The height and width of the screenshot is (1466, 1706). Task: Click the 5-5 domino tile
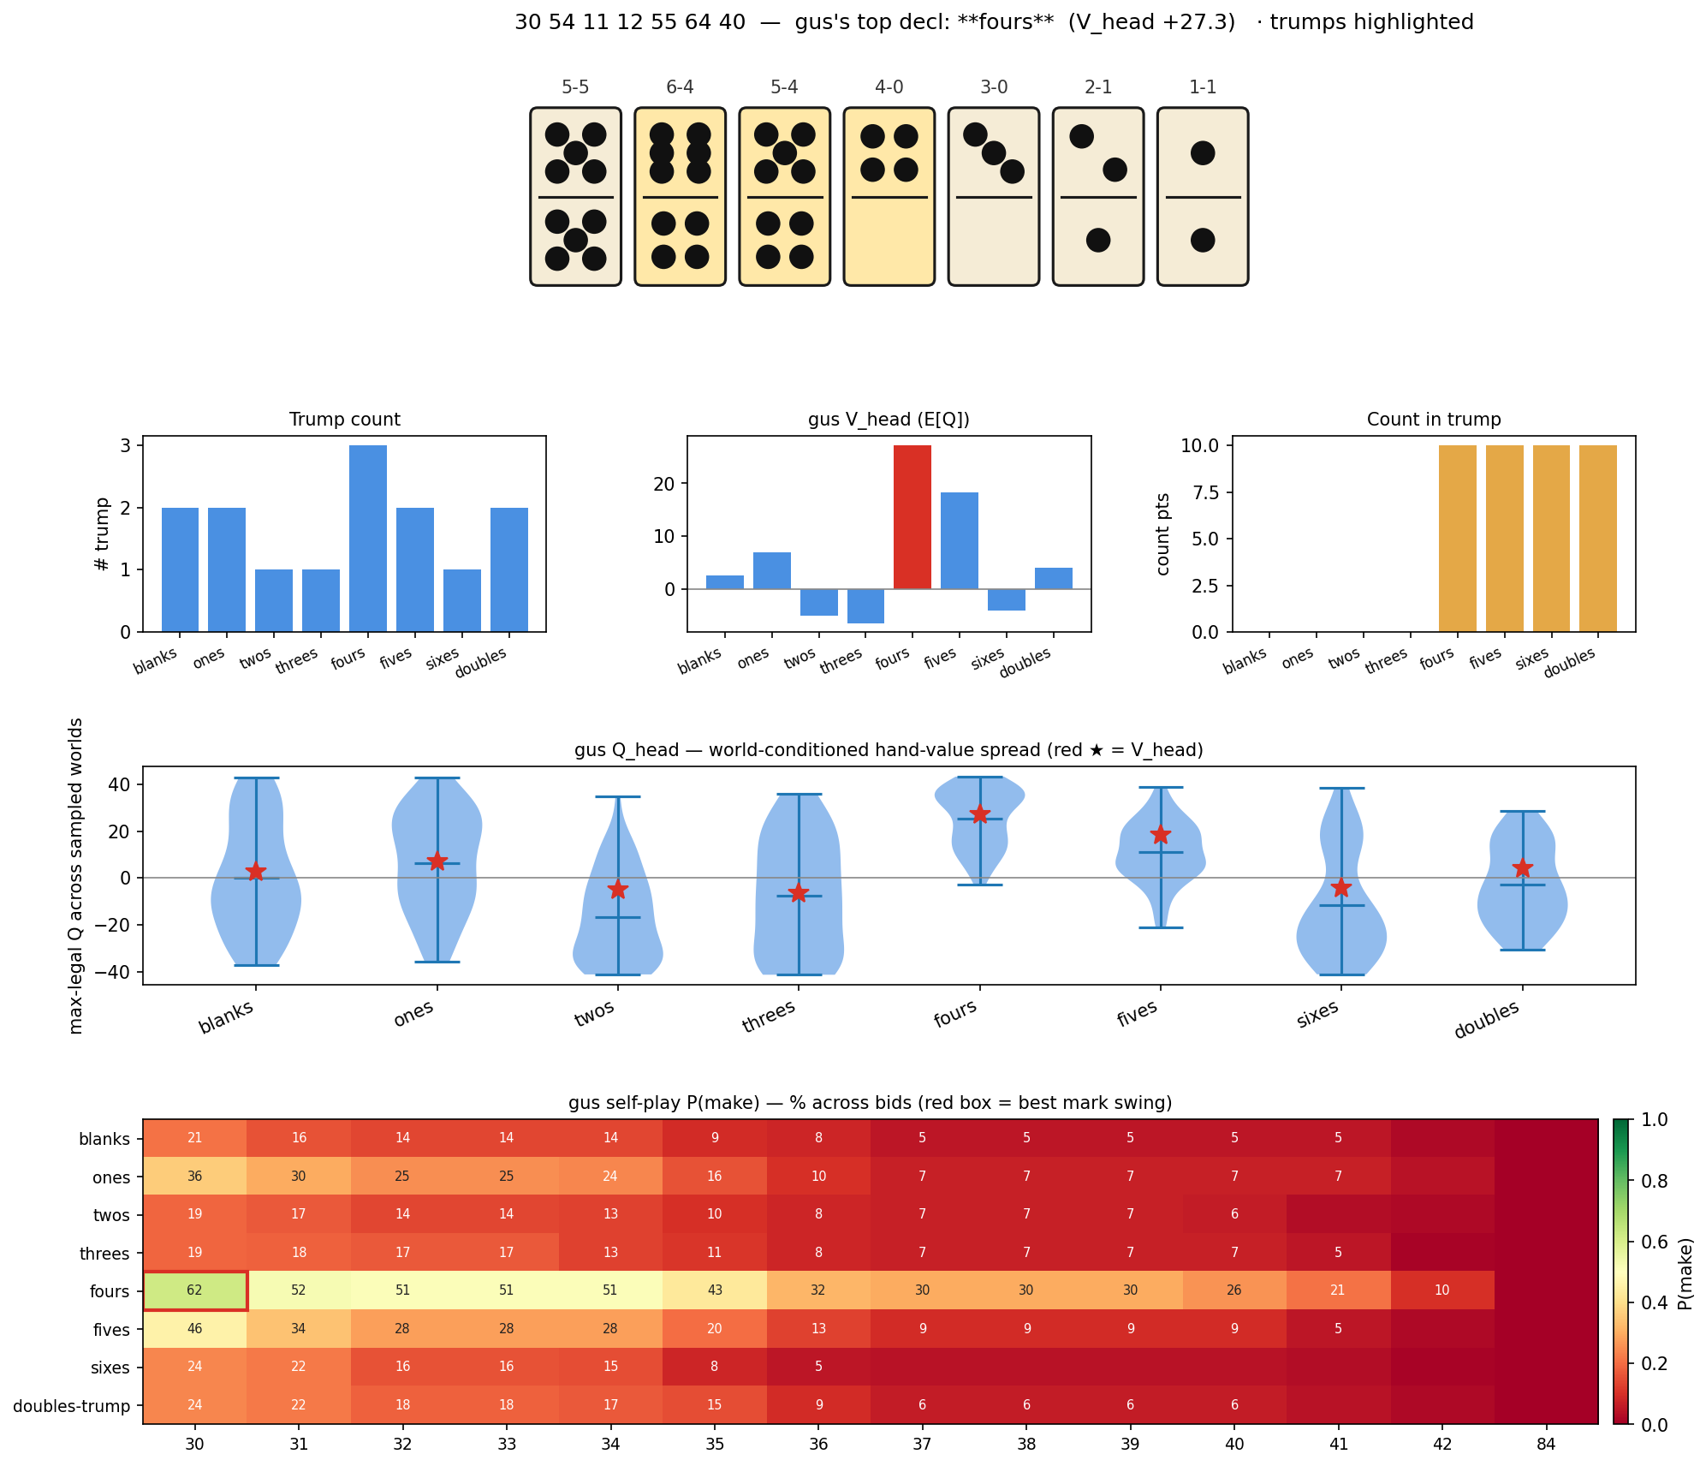tap(575, 196)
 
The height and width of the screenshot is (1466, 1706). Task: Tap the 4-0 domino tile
tap(889, 196)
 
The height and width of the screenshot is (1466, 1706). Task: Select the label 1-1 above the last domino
tap(1202, 87)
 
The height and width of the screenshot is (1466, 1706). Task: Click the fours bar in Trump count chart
tap(367, 538)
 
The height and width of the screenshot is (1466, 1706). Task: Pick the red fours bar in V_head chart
tap(912, 517)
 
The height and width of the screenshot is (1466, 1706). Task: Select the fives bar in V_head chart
tap(959, 540)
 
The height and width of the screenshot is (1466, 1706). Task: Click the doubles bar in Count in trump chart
tap(1597, 538)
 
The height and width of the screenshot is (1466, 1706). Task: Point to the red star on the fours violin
tap(980, 814)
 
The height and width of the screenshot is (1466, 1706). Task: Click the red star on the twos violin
tap(618, 890)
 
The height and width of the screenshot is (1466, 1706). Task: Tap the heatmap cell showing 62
tap(195, 1290)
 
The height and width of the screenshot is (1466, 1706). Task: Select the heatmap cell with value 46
tap(195, 1329)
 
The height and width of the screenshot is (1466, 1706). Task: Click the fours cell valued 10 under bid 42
tap(1442, 1290)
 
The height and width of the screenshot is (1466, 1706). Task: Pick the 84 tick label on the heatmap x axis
tap(1546, 1445)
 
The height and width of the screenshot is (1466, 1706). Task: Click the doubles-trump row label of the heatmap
tap(72, 1406)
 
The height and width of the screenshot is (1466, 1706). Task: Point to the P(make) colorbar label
tap(1684, 1272)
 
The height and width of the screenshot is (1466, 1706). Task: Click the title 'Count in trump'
tap(1434, 420)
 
